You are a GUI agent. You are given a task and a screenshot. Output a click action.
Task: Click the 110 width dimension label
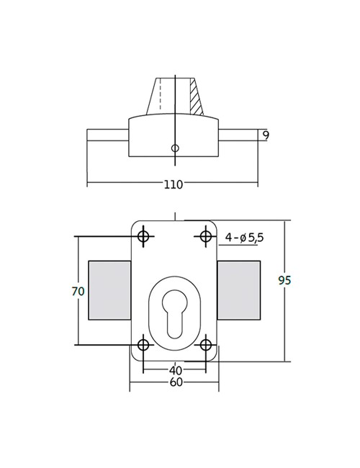[173, 184]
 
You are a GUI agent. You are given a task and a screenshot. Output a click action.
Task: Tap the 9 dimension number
[266, 135]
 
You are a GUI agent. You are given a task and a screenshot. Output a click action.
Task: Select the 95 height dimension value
[284, 280]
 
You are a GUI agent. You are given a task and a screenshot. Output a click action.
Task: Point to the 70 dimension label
[78, 291]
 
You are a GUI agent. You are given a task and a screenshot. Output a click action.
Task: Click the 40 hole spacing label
[175, 370]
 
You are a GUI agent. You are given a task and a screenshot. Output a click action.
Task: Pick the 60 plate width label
[176, 382]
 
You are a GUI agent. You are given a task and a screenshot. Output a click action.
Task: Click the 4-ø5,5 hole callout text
[245, 238]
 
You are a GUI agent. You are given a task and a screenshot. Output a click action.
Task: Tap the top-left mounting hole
[143, 236]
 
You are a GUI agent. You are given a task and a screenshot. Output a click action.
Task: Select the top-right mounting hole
[205, 236]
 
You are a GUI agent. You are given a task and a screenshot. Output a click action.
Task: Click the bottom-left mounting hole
[143, 345]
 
